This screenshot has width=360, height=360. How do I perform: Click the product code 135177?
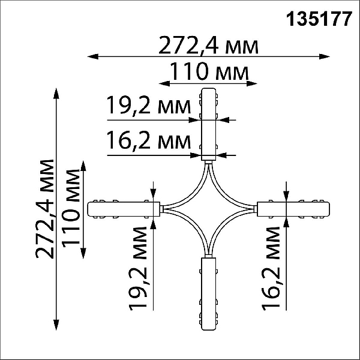(319, 19)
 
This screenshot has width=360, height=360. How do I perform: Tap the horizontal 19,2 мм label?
(149, 106)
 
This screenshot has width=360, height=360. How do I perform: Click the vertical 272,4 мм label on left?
(45, 209)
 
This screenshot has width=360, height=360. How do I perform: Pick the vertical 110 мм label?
(71, 209)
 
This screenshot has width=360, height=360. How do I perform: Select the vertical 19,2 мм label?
(138, 269)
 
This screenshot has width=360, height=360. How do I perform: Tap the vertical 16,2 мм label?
(271, 269)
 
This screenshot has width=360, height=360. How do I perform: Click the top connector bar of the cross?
(208, 124)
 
